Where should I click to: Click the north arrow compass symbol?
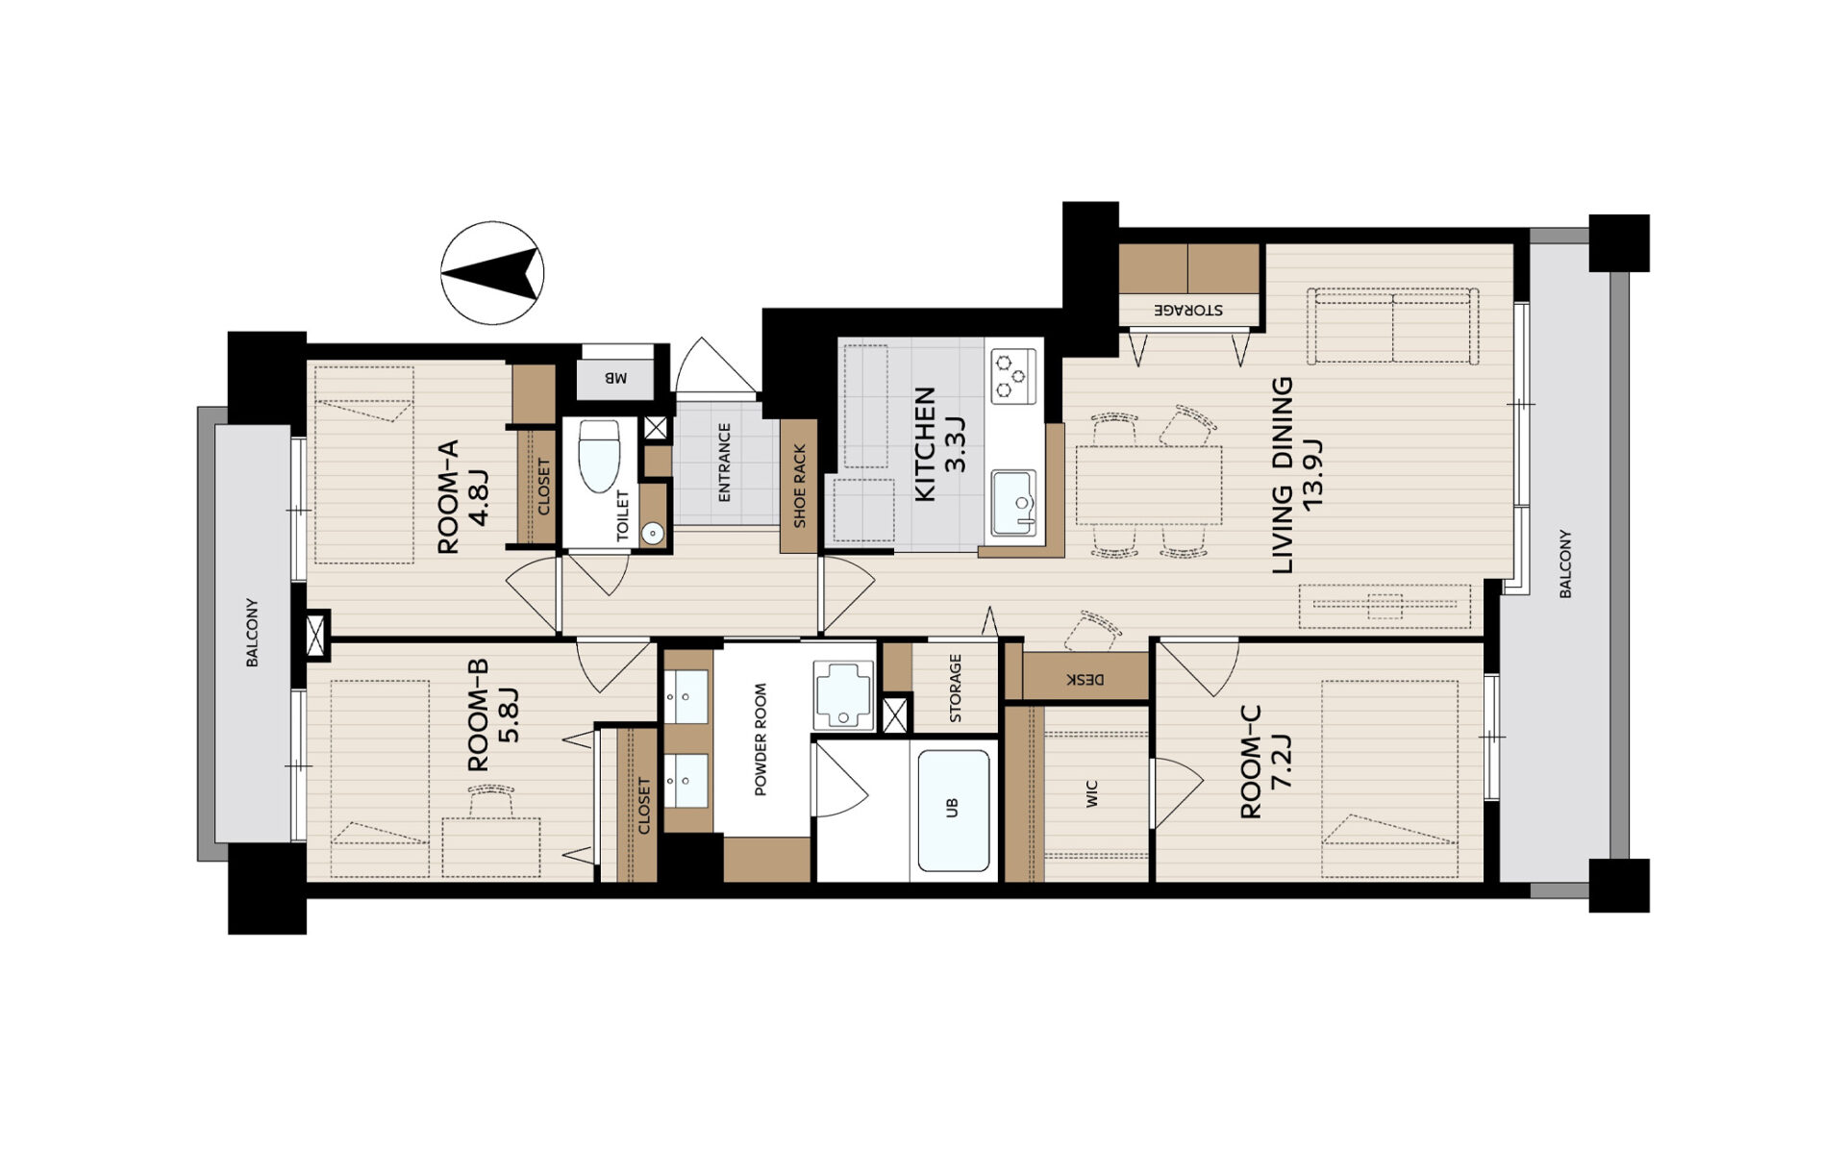coord(492,273)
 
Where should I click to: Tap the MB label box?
coord(614,378)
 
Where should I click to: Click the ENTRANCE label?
coord(724,463)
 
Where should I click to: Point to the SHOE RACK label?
coord(799,486)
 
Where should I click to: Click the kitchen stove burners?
coord(1014,376)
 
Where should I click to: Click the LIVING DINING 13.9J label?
coord(1297,475)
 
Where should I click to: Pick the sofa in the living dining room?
coord(1392,325)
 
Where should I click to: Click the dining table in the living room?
coord(1149,485)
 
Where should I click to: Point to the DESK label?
coord(1085,680)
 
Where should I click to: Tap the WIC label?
coord(1091,793)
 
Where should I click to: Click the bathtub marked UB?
coord(953,810)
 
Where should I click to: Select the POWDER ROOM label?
coord(760,739)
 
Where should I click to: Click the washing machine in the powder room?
coord(843,694)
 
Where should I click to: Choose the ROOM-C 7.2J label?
coord(1265,762)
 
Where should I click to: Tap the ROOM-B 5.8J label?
coord(492,714)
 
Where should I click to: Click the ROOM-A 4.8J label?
coord(463,496)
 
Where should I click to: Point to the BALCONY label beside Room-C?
coord(1565,563)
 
